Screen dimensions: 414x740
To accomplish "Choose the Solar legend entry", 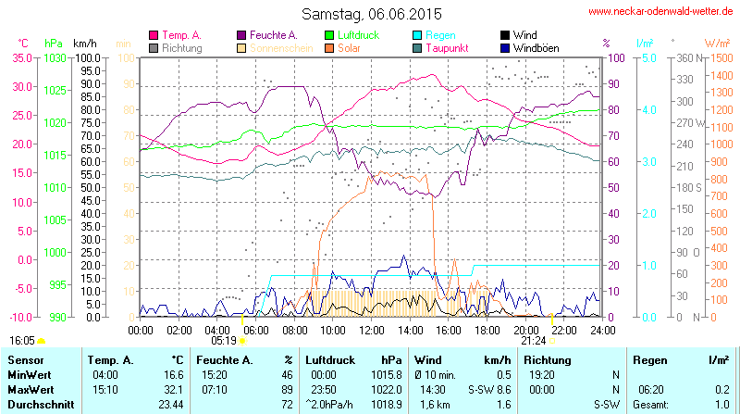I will pos(350,47).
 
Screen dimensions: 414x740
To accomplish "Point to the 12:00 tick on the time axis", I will pos(372,330).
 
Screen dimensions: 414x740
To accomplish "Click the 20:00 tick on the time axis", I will pos(525,330).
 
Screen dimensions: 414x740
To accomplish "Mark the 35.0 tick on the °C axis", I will pos(19,57).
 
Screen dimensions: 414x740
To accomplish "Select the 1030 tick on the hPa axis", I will pos(55,57).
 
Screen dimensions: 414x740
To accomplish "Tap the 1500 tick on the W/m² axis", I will pos(717,57).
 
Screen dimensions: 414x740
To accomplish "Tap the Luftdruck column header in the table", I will pos(331,359).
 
